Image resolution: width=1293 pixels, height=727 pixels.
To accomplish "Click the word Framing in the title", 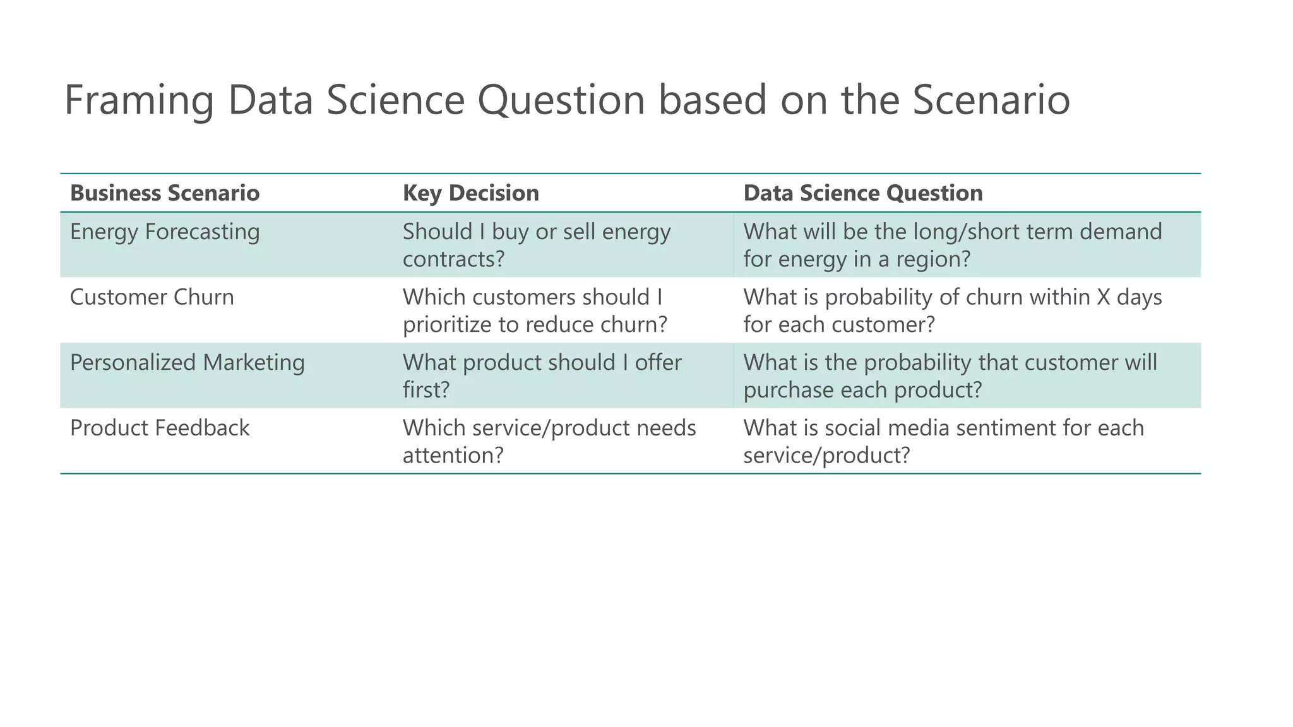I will click(138, 101).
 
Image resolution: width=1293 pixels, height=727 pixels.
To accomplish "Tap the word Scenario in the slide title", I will click(991, 101).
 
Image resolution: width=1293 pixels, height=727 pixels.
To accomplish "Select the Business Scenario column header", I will click(165, 193).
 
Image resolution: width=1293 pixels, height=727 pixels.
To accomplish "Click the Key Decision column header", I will click(471, 193).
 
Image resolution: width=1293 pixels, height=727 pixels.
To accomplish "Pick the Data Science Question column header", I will click(863, 193).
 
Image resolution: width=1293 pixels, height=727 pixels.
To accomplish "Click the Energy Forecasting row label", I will click(165, 232).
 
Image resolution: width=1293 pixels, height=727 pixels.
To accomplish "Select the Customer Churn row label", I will click(152, 297).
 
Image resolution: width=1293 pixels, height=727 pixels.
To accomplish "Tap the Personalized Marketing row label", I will click(188, 363).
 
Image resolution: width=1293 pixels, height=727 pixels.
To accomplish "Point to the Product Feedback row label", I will click(160, 428).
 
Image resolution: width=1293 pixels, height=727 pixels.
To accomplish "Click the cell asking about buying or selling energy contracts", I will click(537, 245).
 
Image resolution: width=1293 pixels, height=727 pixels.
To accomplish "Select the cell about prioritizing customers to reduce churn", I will click(535, 311).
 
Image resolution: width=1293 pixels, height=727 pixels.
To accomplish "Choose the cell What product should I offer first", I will click(542, 376).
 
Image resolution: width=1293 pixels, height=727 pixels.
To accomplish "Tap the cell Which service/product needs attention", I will click(549, 441).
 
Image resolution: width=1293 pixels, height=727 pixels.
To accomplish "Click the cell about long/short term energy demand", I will click(952, 245).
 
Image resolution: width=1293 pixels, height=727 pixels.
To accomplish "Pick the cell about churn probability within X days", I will click(952, 311).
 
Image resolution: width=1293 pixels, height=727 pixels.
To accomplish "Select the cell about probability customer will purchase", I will click(950, 376).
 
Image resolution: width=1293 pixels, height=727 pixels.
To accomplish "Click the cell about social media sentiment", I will click(943, 441).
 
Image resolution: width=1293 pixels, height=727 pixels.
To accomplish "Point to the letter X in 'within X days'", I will click(1103, 297).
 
